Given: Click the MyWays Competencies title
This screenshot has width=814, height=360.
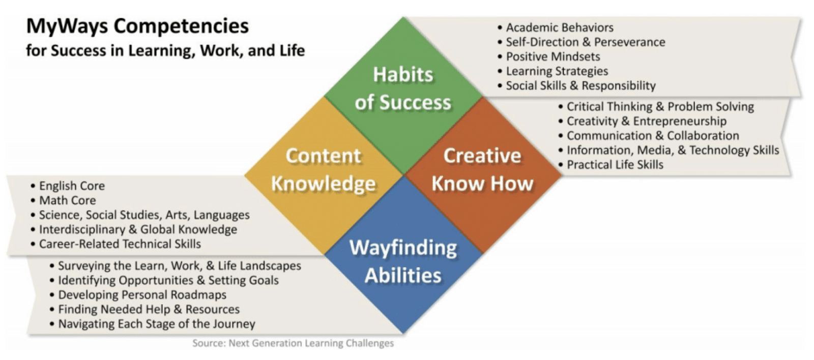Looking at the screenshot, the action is point(137,26).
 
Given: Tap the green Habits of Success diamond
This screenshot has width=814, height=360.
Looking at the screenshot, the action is point(403,96).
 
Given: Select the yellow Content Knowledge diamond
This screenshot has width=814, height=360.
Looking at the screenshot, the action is point(324,175).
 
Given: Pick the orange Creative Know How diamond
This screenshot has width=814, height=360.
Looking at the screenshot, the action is point(483,175).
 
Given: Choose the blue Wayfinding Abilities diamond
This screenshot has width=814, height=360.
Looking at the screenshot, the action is point(403,255).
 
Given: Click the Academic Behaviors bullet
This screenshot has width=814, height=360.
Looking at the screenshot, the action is point(556,27).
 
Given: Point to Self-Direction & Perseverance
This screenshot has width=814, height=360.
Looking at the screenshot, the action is point(582,42).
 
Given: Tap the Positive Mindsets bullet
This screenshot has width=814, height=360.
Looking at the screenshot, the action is point(549,56).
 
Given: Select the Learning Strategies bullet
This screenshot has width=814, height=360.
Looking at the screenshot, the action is point(553,71).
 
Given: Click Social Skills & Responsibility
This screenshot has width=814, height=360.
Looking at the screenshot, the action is point(577,86).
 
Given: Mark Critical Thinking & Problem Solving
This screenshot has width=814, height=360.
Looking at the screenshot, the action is point(656,107).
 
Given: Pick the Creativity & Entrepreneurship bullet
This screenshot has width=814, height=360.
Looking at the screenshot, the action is point(643,122).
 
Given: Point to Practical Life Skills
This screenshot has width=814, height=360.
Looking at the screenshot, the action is point(611,165).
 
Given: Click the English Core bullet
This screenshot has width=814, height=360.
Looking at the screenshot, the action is point(68,186).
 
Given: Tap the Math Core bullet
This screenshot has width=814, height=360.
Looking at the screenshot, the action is point(64,200).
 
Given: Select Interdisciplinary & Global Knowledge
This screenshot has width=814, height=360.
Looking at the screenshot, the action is point(134,230).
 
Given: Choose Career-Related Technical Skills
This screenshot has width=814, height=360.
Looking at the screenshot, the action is point(116,244).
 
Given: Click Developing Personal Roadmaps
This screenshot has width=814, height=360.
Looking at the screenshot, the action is point(138,295).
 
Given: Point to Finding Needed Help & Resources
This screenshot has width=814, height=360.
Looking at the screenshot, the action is point(145,310).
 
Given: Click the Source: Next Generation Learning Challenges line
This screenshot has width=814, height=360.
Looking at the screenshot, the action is point(293,343).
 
